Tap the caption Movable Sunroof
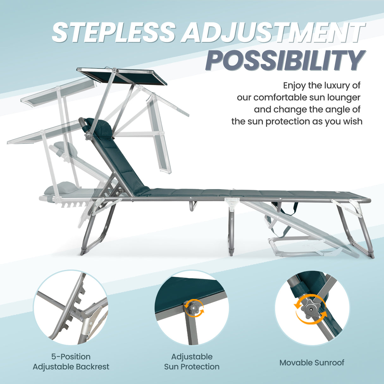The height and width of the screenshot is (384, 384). coord(312,362)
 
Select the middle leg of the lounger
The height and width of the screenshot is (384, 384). coord(231,229)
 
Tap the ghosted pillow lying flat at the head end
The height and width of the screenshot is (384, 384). coord(60,188)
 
